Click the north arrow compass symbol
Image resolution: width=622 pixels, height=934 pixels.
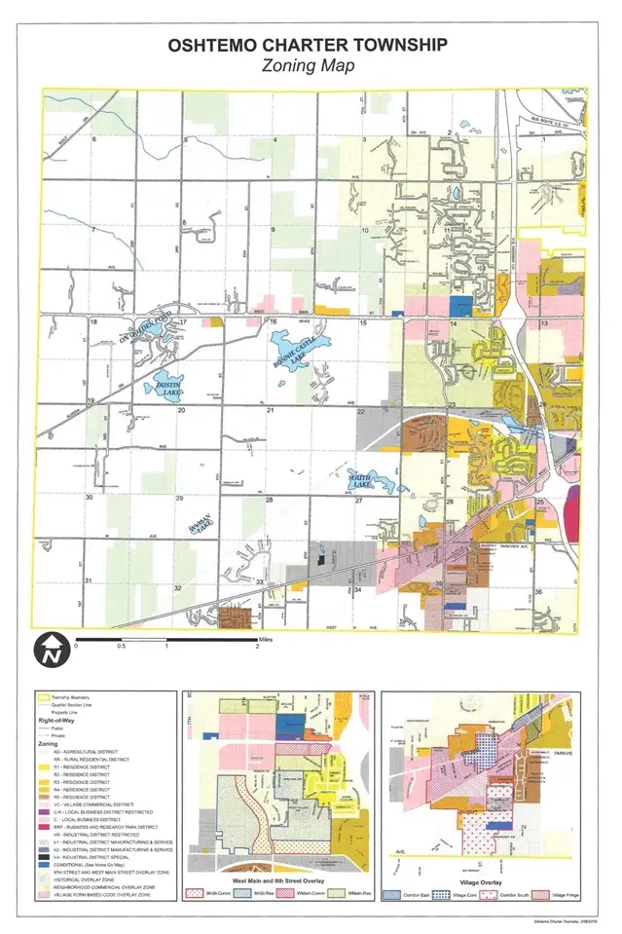click(49, 650)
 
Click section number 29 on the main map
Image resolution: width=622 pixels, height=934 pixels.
click(179, 498)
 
